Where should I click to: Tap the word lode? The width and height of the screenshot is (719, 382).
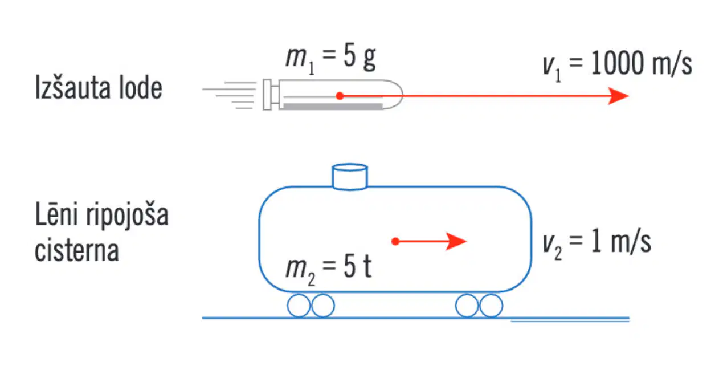pyautogui.click(x=141, y=87)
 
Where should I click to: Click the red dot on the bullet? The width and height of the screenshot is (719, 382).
pyautogui.click(x=340, y=96)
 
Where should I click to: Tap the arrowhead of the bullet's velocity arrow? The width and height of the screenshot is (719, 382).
pyautogui.click(x=618, y=96)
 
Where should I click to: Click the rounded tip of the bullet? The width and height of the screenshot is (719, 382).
pyautogui.click(x=393, y=95)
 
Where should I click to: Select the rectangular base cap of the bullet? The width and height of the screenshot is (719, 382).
pyautogui.click(x=267, y=95)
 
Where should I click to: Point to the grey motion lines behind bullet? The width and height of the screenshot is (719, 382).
pyautogui.click(x=230, y=95)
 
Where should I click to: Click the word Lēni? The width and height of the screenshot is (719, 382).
pyautogui.click(x=56, y=214)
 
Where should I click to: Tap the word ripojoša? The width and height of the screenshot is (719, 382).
pyautogui.click(x=127, y=216)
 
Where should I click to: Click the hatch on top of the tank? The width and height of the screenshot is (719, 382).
pyautogui.click(x=350, y=177)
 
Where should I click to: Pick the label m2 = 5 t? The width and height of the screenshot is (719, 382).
pyautogui.click(x=328, y=269)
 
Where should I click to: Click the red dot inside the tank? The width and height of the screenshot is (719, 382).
pyautogui.click(x=395, y=241)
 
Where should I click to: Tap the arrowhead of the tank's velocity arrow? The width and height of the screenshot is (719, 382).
pyautogui.click(x=456, y=241)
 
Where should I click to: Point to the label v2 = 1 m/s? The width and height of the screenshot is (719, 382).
pyautogui.click(x=597, y=243)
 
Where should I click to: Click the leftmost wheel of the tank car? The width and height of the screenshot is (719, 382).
pyautogui.click(x=299, y=306)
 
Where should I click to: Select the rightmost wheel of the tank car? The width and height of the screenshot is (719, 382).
pyautogui.click(x=491, y=306)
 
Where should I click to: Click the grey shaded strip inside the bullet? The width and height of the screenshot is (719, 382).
pyautogui.click(x=333, y=107)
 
